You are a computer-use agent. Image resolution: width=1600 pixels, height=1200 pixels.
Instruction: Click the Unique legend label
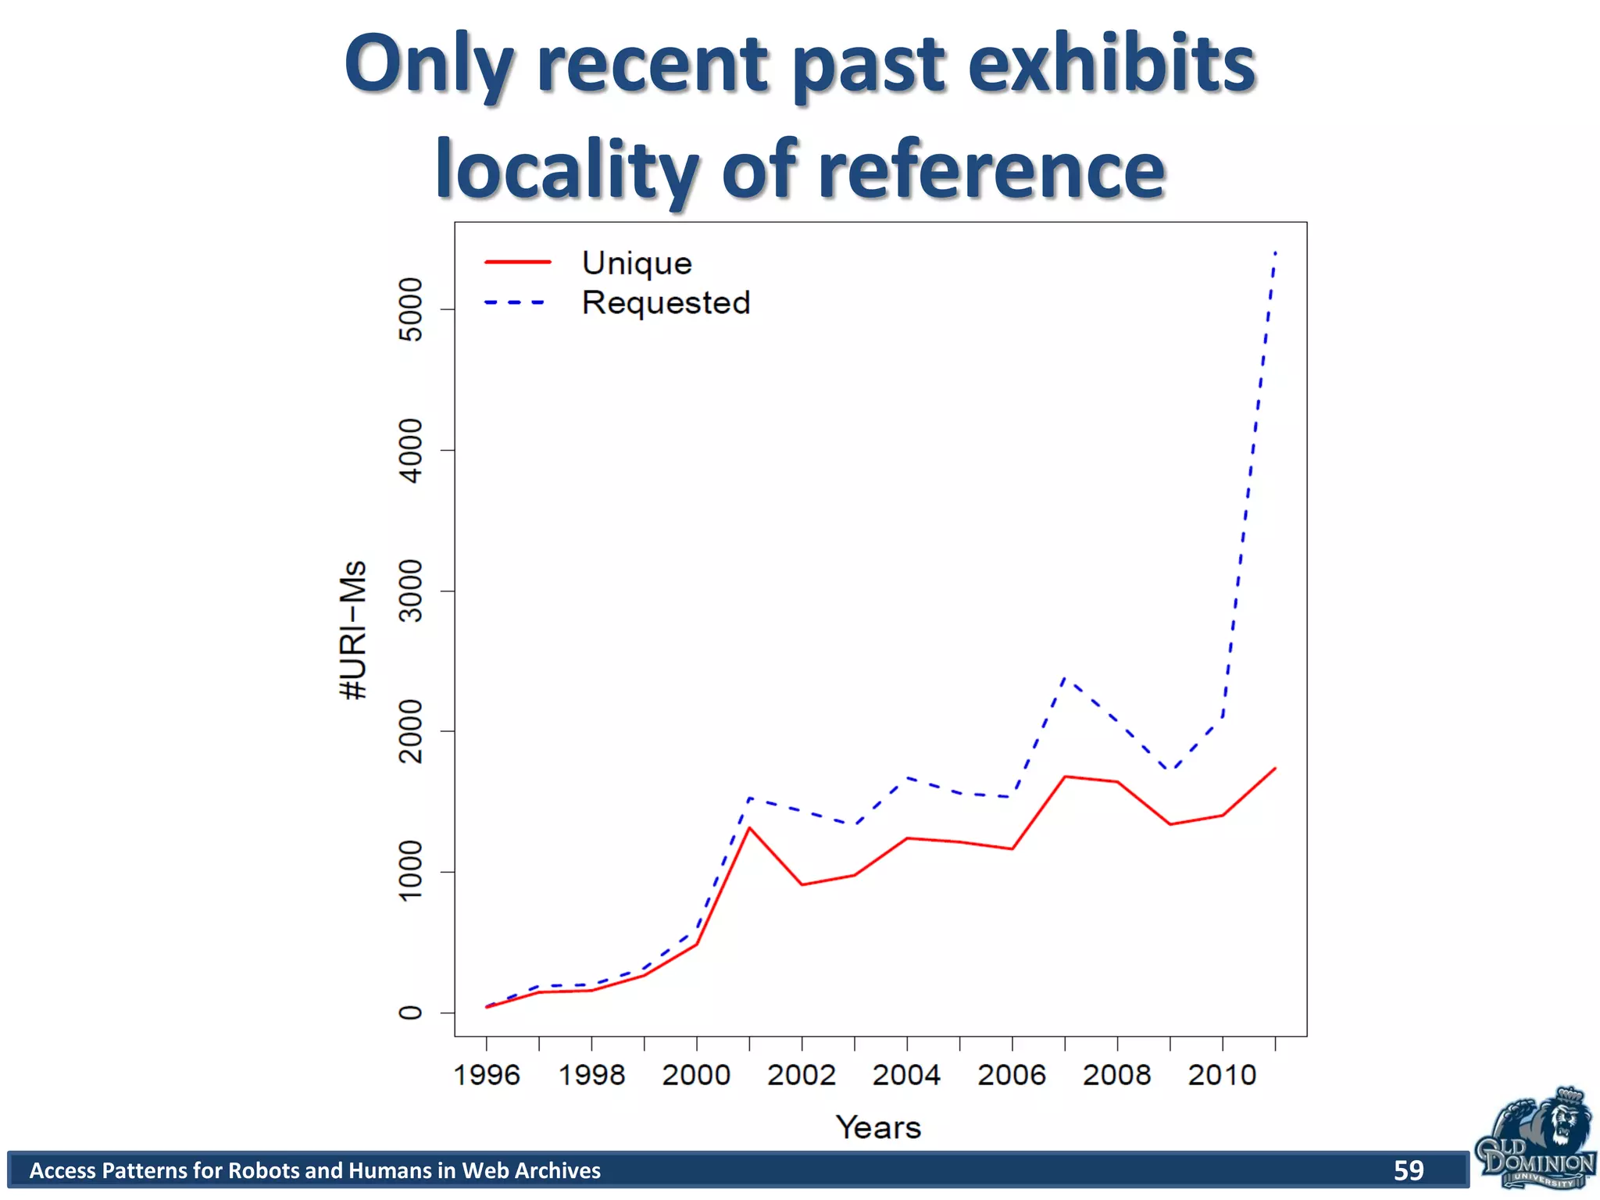tap(637, 263)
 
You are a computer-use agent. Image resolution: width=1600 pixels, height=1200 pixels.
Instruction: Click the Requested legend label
tap(666, 303)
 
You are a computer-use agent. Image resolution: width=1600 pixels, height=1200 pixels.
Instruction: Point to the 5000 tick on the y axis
tap(411, 309)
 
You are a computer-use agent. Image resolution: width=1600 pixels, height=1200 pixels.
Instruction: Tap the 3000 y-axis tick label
tap(411, 591)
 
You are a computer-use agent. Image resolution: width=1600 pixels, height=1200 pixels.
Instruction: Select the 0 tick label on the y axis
tap(411, 1012)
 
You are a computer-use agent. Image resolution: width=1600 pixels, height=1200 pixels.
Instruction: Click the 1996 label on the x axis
tap(487, 1075)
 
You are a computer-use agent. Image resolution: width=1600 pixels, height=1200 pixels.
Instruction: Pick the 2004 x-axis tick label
tap(906, 1075)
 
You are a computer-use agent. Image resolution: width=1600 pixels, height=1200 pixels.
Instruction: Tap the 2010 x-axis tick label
tap(1222, 1075)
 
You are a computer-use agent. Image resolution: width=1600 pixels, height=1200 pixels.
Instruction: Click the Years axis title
tap(879, 1127)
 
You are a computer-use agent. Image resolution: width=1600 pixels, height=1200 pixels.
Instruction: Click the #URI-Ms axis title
tap(354, 630)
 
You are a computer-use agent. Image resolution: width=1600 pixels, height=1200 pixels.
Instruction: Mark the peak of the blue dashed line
tap(1275, 252)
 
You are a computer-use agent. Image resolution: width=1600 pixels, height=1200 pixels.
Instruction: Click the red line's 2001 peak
tap(749, 827)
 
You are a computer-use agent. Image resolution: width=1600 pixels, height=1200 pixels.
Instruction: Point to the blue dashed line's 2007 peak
tap(1066, 677)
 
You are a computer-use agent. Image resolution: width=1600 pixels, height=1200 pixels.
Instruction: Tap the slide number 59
tap(1409, 1170)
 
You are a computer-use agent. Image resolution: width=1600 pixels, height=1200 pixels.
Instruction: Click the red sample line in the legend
tap(517, 262)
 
